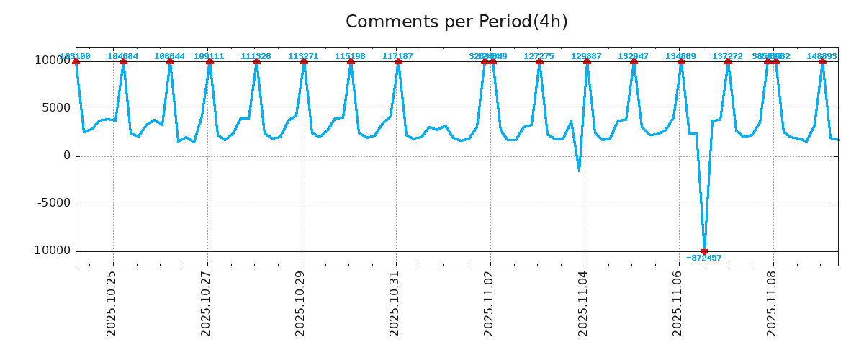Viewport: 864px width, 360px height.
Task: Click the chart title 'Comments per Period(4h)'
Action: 456,22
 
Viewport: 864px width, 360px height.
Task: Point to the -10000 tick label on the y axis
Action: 50,251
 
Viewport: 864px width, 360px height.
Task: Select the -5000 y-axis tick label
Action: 53,204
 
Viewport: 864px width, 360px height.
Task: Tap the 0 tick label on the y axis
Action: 67,156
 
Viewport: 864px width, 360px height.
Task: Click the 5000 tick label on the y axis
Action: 55,109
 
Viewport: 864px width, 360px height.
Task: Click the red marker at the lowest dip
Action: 704,252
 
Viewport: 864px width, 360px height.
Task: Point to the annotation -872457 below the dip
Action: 704,258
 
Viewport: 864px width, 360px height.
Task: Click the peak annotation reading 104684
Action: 123,56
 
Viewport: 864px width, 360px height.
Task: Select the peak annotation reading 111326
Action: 256,56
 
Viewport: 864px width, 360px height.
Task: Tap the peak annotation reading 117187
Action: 398,56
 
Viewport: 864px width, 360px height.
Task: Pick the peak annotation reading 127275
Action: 539,56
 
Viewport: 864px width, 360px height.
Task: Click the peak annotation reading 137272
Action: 728,56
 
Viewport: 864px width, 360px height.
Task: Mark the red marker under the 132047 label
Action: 634,62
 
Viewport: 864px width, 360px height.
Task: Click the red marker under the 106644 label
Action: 170,62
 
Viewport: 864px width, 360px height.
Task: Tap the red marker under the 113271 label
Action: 304,62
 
